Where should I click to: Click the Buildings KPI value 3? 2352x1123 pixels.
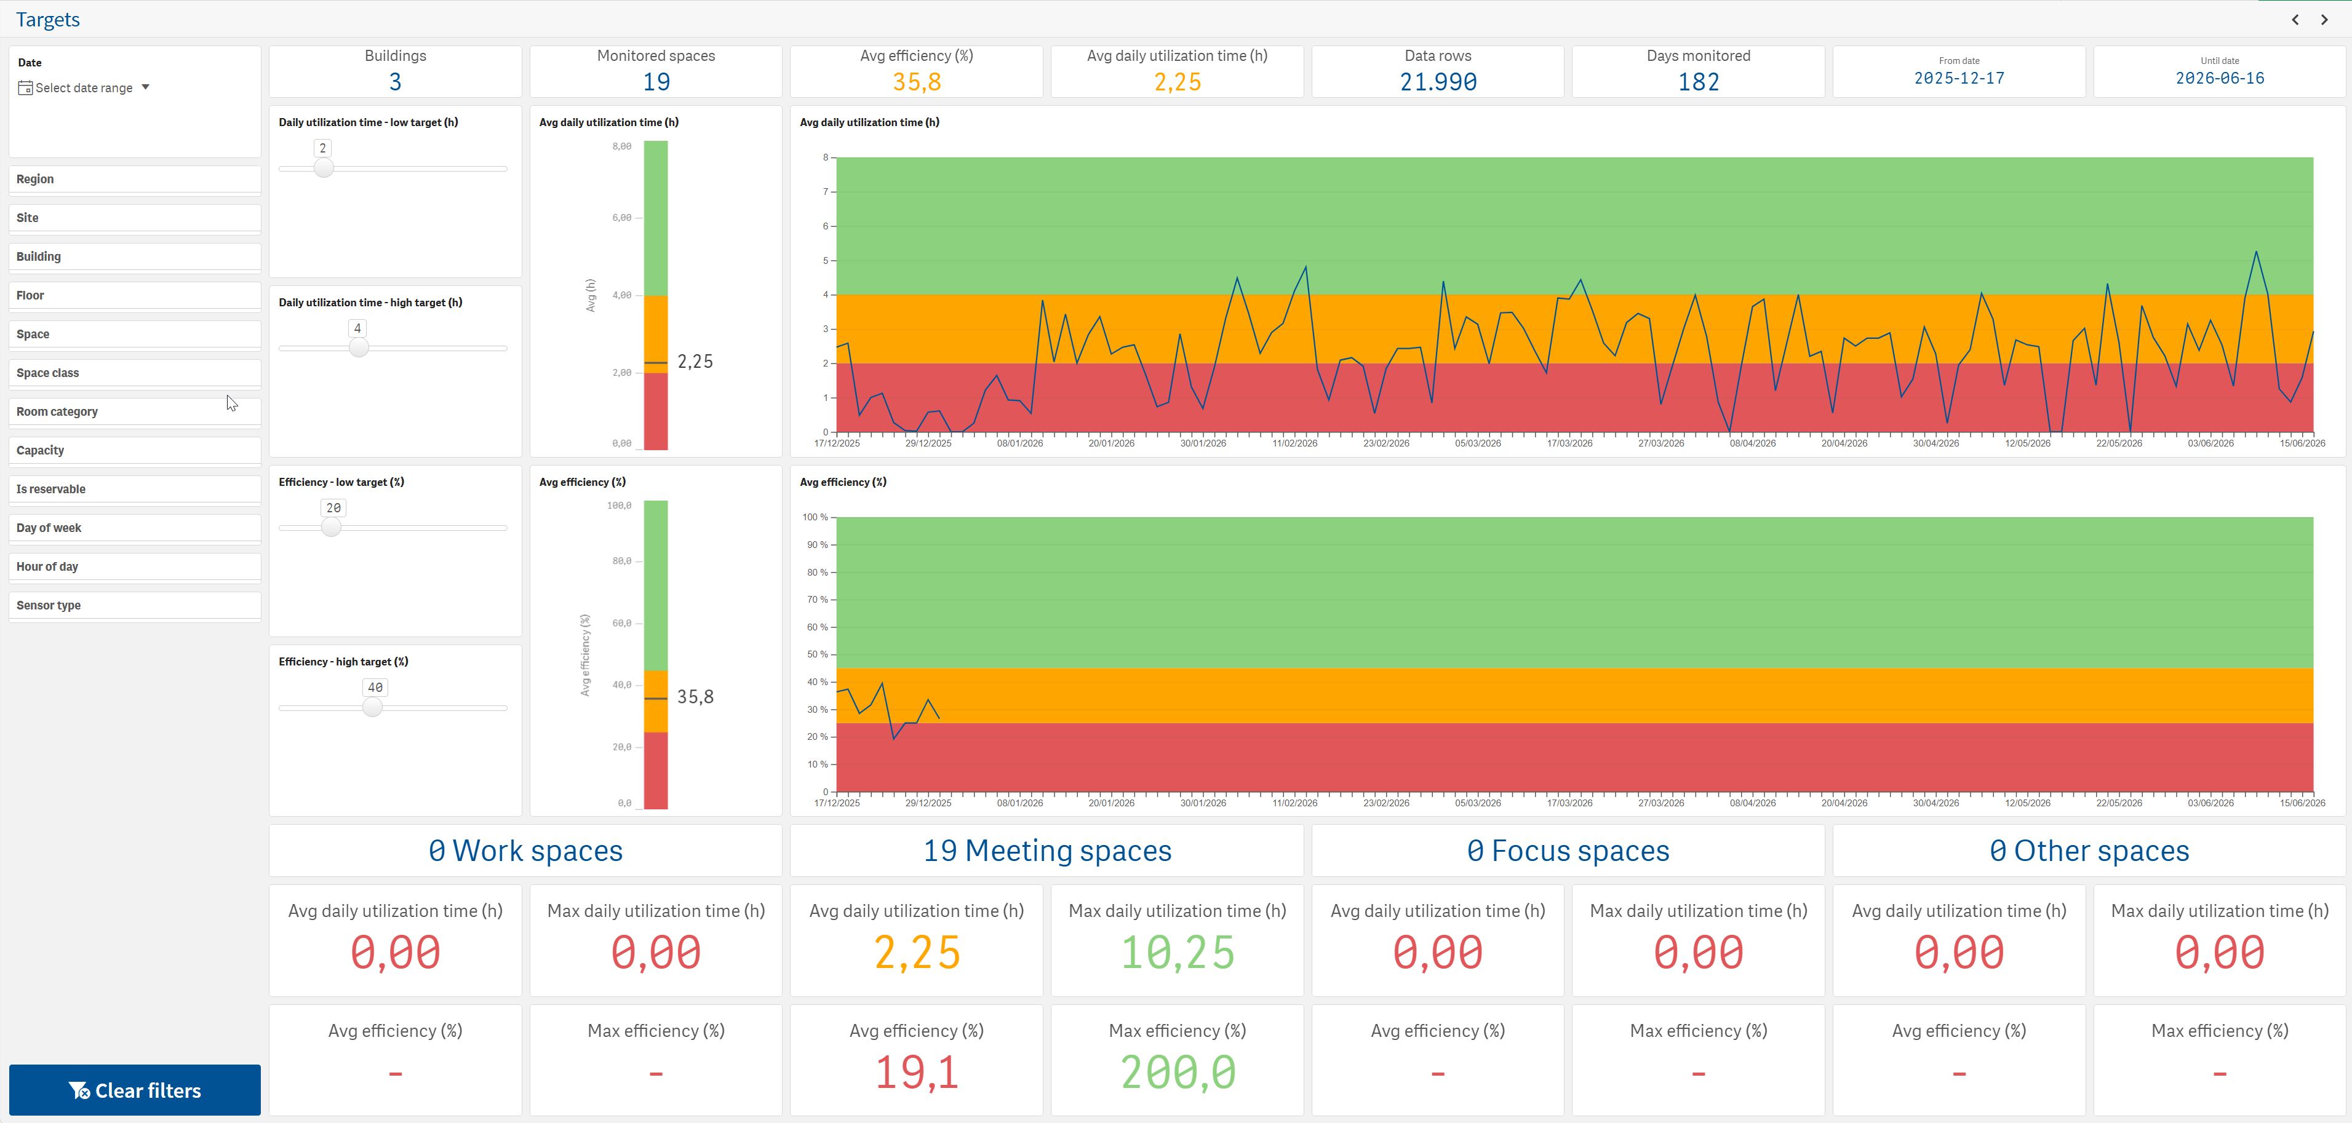396,82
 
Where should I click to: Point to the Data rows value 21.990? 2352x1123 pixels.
1438,82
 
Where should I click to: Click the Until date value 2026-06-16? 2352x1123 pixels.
2220,79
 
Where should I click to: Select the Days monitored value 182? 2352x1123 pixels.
1698,82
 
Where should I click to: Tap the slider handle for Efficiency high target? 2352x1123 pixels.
373,708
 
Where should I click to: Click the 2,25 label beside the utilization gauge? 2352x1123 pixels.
695,362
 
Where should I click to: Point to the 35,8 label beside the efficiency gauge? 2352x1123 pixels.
695,697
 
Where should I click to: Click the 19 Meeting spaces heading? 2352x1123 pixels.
1047,851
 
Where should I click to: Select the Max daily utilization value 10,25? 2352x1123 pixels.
1178,952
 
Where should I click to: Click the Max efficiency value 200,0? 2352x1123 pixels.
1178,1072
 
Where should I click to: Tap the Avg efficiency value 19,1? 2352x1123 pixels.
917,1072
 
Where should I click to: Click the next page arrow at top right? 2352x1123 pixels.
2324,19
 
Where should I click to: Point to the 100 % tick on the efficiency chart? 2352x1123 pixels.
815,517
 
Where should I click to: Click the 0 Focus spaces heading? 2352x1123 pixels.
1568,851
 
